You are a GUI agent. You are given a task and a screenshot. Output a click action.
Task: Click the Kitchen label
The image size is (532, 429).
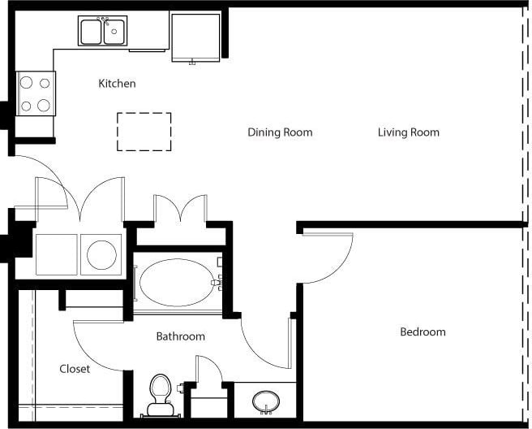[x=117, y=84]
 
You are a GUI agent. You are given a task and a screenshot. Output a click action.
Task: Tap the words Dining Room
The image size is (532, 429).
[x=280, y=132]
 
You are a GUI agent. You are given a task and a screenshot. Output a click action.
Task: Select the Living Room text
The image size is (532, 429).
[x=408, y=132]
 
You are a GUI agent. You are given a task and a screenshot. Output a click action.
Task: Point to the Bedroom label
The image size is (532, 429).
[x=423, y=332]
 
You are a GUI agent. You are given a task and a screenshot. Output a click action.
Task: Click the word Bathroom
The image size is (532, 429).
[x=180, y=336]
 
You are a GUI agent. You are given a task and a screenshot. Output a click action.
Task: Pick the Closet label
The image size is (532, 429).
[x=75, y=369]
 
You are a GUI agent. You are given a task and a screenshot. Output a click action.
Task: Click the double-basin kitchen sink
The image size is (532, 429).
[x=103, y=32]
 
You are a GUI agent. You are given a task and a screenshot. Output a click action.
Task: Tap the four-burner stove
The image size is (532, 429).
[x=36, y=93]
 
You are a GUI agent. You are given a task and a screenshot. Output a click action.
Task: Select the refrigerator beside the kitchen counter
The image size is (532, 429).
[x=195, y=37]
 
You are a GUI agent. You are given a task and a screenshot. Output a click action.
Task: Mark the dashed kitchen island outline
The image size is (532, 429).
[x=144, y=132]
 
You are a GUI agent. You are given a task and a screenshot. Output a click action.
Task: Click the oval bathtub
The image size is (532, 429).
[x=175, y=282]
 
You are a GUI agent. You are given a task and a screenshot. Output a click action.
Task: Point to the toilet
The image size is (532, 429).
[x=161, y=392]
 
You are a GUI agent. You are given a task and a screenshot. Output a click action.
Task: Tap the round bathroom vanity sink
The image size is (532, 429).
[x=265, y=401]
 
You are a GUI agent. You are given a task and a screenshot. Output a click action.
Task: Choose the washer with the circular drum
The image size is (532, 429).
[x=101, y=254]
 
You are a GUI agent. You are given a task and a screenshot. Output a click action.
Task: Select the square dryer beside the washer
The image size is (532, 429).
[x=56, y=254]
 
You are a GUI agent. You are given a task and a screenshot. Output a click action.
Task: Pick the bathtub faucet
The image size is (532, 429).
[x=217, y=282]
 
